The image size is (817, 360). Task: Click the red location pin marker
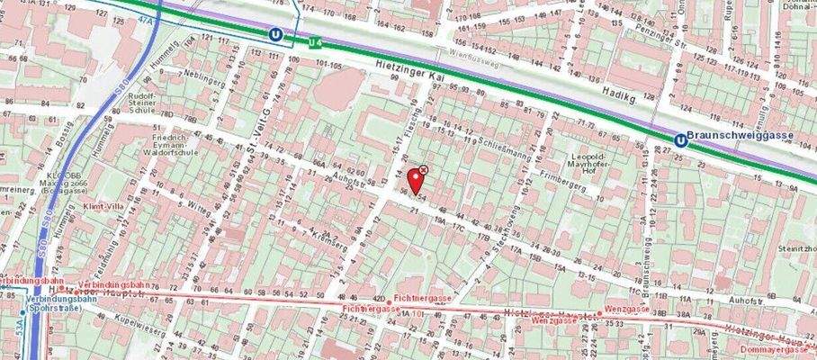click(415, 177)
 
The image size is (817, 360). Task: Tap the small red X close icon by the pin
click(424, 169)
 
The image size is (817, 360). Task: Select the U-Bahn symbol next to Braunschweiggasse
click(678, 139)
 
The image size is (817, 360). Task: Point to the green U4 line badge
click(315, 41)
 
